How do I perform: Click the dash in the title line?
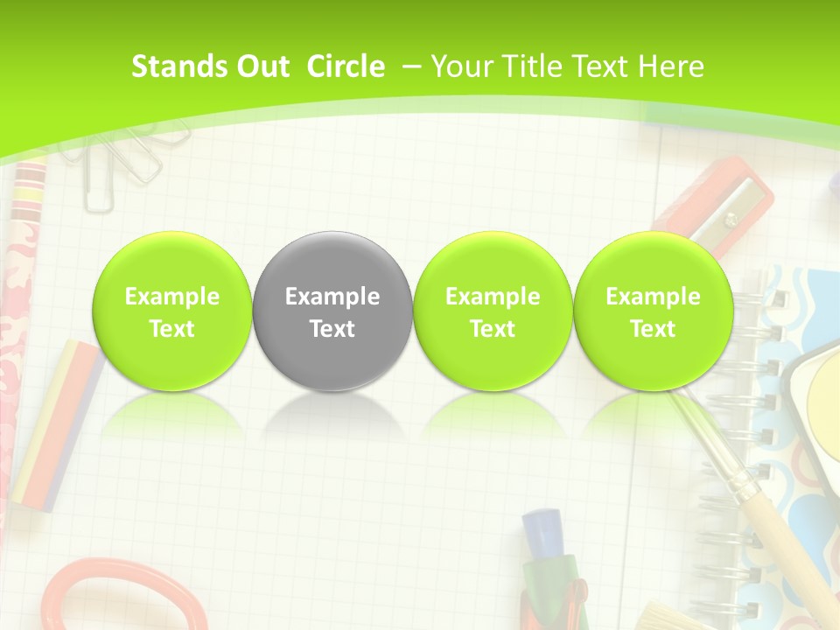[x=411, y=66]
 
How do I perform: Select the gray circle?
[x=332, y=311]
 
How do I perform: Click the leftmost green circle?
[x=172, y=311]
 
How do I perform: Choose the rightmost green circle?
[x=653, y=311]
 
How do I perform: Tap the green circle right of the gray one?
[x=493, y=311]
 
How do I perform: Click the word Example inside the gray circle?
[x=332, y=297]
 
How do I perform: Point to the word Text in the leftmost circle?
[x=172, y=329]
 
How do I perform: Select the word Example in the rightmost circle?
[x=653, y=297]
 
